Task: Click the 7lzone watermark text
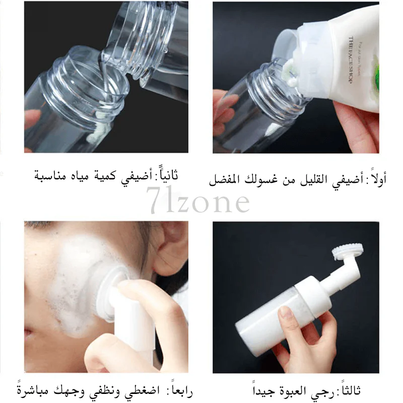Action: [x=197, y=199]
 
